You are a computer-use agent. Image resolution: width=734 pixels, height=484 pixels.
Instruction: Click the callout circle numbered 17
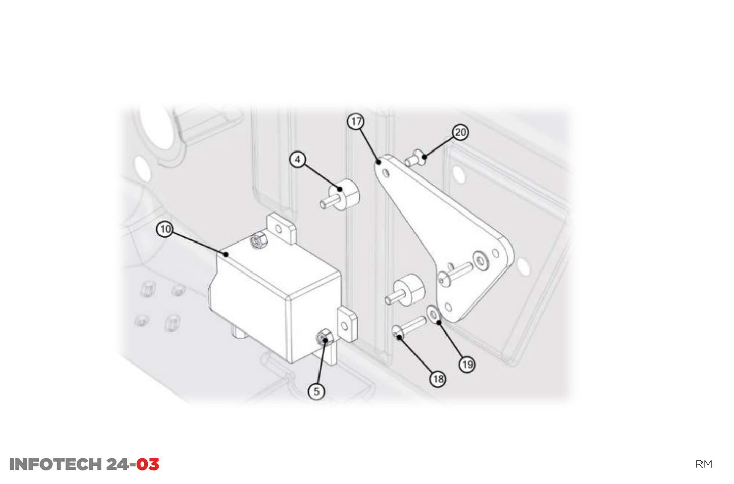coord(356,122)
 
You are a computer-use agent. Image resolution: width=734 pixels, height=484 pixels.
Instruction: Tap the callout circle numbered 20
coord(460,132)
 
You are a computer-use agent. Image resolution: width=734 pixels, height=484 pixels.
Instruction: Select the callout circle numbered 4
coord(298,160)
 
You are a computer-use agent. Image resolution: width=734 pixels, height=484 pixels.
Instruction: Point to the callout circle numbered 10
coord(165,229)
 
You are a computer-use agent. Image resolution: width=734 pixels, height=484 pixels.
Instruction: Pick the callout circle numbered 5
coord(316,391)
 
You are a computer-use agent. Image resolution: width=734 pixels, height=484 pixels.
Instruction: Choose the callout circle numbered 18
coord(438,379)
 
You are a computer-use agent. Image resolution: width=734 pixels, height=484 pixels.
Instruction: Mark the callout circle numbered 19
coord(467,364)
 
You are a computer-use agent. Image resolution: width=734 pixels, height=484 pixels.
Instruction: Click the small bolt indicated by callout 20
coord(415,158)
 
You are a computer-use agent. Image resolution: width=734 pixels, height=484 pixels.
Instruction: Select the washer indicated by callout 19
coord(433,315)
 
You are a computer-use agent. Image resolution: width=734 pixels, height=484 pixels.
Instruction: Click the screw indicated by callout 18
coord(408,328)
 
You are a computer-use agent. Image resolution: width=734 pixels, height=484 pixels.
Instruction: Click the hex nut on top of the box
coord(259,240)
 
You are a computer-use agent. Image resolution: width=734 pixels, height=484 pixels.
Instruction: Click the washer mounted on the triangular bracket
coord(481,260)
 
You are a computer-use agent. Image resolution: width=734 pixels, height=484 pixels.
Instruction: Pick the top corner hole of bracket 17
coord(386,174)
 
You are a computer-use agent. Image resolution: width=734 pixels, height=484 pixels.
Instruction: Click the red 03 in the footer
coord(148,464)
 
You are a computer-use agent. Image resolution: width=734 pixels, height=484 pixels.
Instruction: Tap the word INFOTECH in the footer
coord(55,464)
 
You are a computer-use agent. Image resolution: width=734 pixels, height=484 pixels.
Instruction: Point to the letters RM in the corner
coord(704,464)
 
